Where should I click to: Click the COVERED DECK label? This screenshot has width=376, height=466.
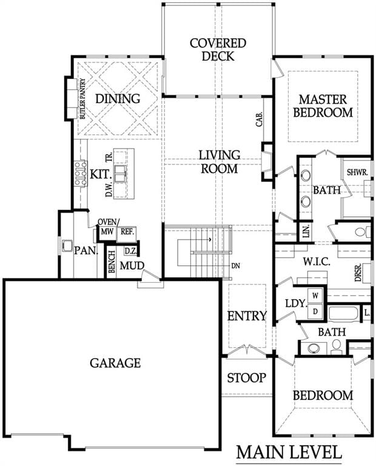click(218, 50)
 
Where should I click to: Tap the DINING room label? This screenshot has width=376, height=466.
click(118, 99)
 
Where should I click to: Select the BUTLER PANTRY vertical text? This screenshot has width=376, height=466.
click(82, 98)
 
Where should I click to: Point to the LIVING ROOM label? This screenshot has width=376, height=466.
click(219, 161)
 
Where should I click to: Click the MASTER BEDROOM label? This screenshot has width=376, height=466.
click(323, 106)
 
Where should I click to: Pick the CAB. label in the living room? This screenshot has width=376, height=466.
click(260, 120)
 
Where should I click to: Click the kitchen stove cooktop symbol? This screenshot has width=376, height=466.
click(81, 174)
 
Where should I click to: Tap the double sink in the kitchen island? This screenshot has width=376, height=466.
click(121, 174)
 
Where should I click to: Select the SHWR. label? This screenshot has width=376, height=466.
click(357, 172)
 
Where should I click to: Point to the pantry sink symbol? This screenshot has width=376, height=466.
click(67, 246)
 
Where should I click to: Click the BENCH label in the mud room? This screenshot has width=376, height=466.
click(112, 262)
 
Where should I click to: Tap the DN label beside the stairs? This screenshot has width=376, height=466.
click(235, 266)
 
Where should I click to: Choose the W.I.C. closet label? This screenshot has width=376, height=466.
click(317, 262)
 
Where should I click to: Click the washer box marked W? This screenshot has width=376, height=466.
click(315, 296)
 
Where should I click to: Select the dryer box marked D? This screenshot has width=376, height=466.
click(315, 311)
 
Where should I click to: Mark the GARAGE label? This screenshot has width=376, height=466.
click(115, 363)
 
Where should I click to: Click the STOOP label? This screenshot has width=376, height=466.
click(246, 378)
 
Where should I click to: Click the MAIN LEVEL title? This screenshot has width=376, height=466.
click(289, 453)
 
